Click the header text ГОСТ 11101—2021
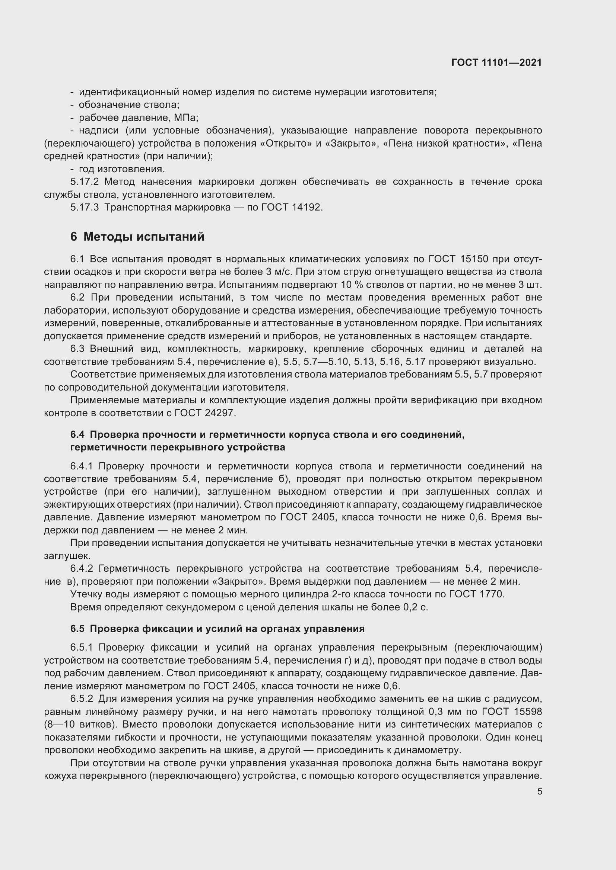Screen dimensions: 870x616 pos(496,62)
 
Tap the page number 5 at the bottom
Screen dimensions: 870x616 pos(539,792)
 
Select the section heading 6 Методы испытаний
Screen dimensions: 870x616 pos(137,237)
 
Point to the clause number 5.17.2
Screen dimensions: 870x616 pos(84,182)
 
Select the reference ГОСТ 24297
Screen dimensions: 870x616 pos(205,413)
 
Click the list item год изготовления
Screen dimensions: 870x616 pos(121,169)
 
